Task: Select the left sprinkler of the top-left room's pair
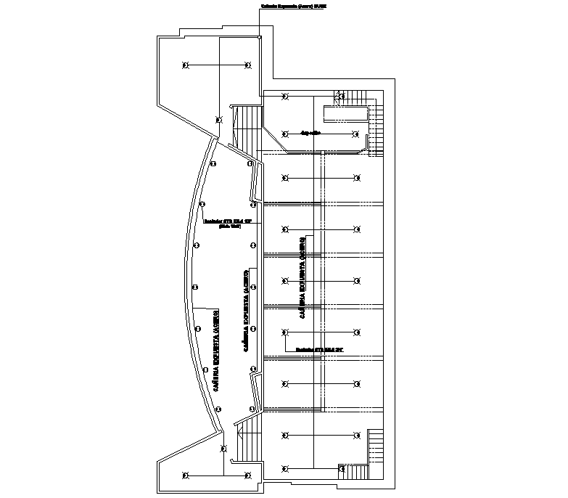(186, 66)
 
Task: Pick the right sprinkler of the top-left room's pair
(248, 66)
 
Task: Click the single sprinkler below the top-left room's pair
(218, 120)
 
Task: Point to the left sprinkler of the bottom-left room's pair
(186, 475)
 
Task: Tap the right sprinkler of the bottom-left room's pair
(248, 475)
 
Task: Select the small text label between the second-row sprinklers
(310, 133)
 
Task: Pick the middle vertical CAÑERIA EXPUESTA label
(247, 312)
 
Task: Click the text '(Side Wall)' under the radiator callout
(230, 226)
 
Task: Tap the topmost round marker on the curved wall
(213, 164)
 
